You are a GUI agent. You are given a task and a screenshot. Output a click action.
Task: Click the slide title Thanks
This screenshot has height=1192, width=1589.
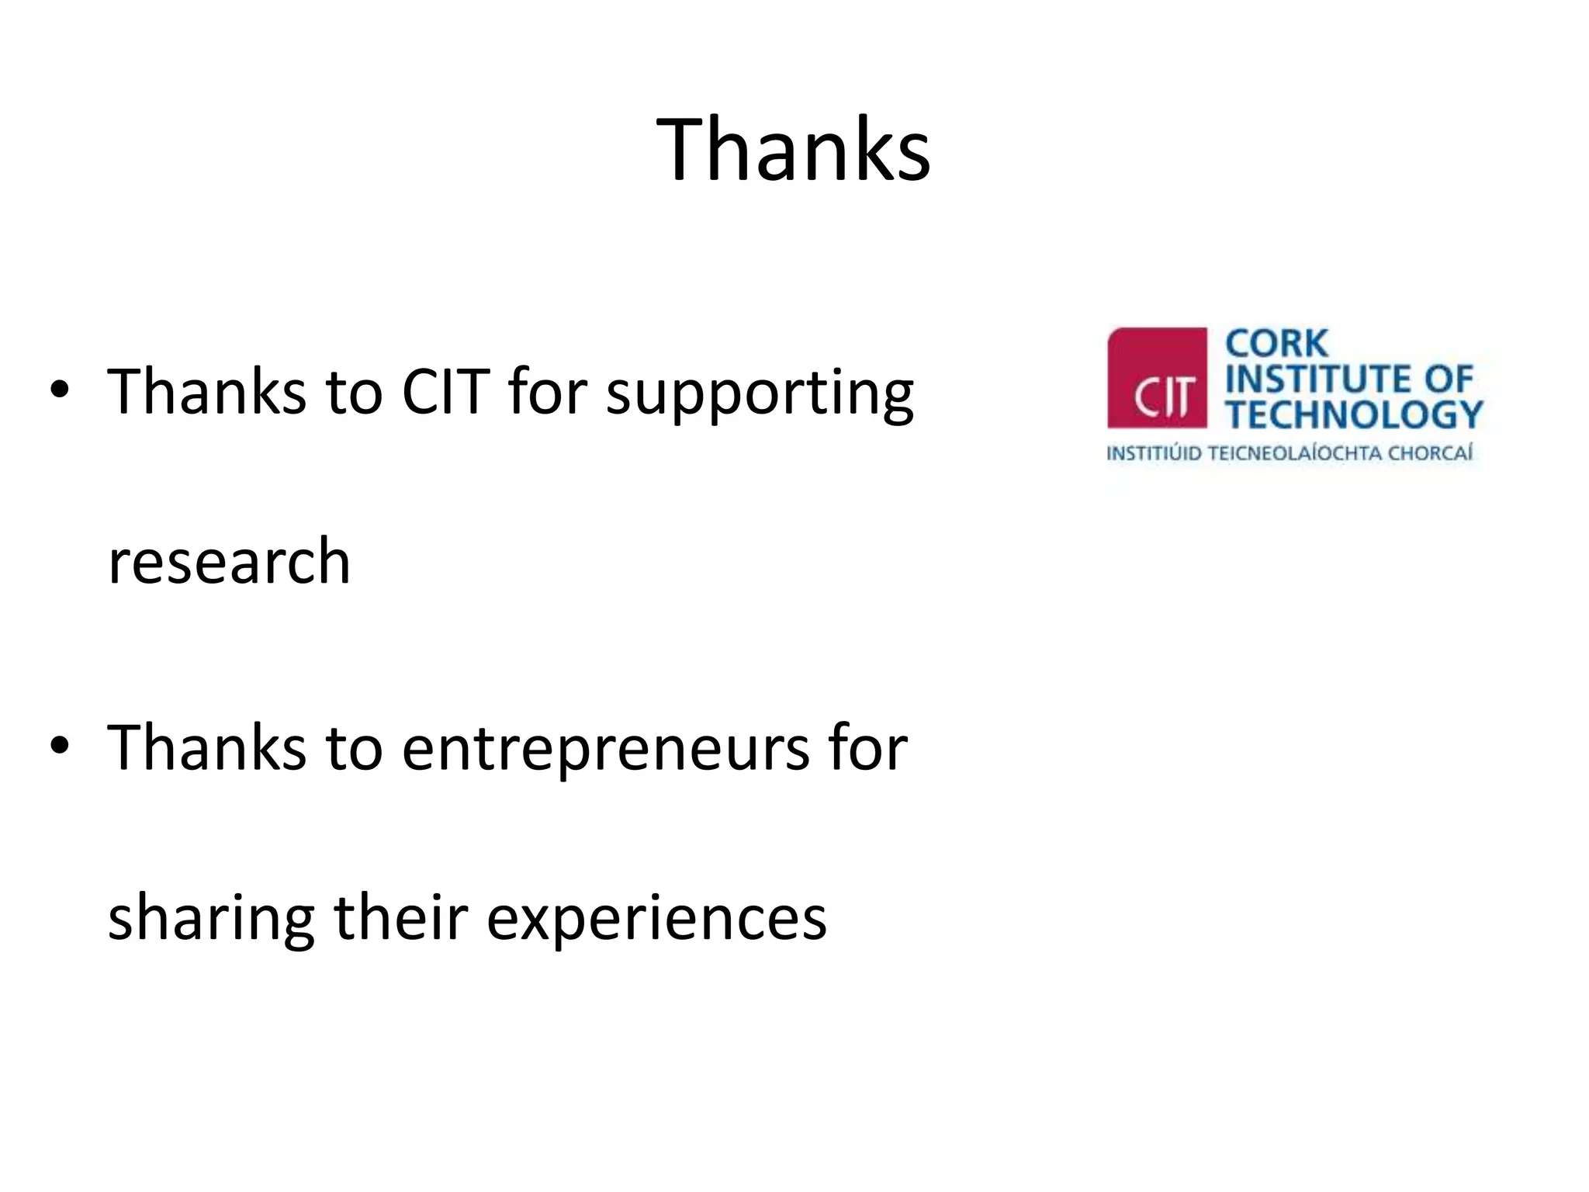click(x=793, y=149)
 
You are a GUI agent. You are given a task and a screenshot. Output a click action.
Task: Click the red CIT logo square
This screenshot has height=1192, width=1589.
click(x=1157, y=378)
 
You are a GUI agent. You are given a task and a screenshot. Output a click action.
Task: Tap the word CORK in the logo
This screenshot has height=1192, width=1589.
click(x=1276, y=344)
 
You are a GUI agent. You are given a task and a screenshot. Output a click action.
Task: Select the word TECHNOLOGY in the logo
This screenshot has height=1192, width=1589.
click(x=1355, y=414)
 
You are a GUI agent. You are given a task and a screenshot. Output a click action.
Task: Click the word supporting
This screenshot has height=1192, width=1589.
click(x=760, y=394)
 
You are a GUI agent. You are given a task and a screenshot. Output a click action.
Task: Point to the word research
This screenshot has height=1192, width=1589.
click(x=229, y=561)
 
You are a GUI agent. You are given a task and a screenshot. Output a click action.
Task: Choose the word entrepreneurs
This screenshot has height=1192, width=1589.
click(x=604, y=749)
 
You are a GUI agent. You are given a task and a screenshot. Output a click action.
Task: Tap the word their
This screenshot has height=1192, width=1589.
click(x=400, y=917)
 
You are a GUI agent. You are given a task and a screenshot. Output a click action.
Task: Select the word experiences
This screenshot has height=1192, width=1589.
click(x=656, y=919)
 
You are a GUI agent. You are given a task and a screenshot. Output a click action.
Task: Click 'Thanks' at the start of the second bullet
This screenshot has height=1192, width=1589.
click(x=206, y=747)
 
